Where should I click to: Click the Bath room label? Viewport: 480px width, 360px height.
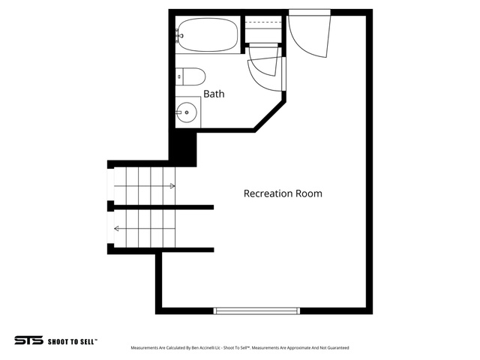click(x=214, y=94)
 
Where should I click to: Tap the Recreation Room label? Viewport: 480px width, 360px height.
click(x=283, y=193)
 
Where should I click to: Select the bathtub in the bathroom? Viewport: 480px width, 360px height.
click(x=208, y=35)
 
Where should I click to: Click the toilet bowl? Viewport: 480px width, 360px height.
click(x=194, y=76)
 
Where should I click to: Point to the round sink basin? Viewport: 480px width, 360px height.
click(x=187, y=112)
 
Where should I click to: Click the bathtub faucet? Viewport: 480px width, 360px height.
click(x=178, y=35)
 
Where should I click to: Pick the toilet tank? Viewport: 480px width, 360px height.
click(x=179, y=76)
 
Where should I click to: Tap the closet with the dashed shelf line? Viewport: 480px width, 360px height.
click(x=263, y=29)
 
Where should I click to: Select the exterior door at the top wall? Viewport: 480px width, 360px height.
click(x=310, y=34)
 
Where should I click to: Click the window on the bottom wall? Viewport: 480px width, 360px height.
click(x=256, y=311)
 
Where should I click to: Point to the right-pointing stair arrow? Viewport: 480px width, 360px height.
click(x=145, y=186)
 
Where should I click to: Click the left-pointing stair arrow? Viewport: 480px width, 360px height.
click(x=145, y=228)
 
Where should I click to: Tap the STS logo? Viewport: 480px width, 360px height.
click(x=28, y=340)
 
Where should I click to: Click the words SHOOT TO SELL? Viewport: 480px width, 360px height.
click(x=72, y=342)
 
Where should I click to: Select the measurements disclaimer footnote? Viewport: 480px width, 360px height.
click(x=240, y=348)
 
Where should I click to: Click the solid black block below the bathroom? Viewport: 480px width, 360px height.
click(x=183, y=148)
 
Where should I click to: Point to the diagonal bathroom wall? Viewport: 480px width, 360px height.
click(x=270, y=116)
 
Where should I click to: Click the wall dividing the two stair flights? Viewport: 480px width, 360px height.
click(x=160, y=207)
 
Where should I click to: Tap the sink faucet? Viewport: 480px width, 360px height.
click(x=178, y=112)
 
